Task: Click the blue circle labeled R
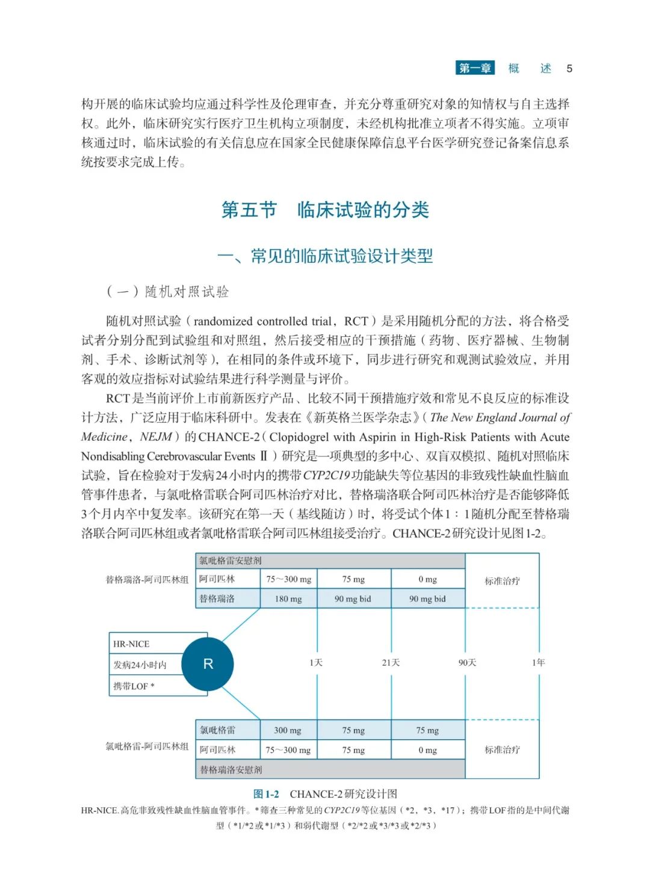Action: [208, 664]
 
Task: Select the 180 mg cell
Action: [288, 599]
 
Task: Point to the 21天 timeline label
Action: [391, 662]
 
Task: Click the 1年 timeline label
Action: [538, 662]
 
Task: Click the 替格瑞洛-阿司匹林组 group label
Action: [147, 580]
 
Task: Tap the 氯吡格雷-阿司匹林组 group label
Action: [147, 746]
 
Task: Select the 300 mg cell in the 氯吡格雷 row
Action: [288, 730]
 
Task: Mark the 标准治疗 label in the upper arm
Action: [503, 581]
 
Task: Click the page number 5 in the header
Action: [569, 69]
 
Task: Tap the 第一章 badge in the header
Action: [475, 68]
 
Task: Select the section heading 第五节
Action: [249, 210]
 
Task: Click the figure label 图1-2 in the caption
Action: [266, 794]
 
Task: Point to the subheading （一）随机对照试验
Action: [168, 292]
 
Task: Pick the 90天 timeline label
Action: [467, 662]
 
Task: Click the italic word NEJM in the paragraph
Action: [156, 437]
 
